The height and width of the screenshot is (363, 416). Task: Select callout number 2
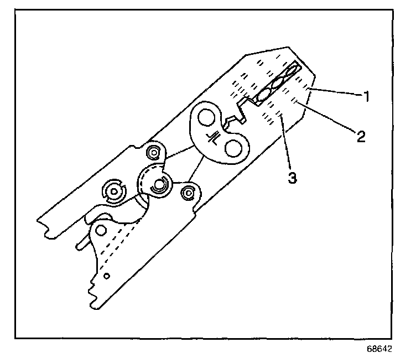[x=360, y=136]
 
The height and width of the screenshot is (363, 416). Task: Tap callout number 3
[x=293, y=178]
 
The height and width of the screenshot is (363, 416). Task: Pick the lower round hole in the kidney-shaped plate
[x=232, y=148]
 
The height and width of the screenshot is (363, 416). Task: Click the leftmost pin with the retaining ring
[x=114, y=191]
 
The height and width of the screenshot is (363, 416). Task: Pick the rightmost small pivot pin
[x=189, y=192]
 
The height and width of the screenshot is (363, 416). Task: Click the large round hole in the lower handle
[x=101, y=230]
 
